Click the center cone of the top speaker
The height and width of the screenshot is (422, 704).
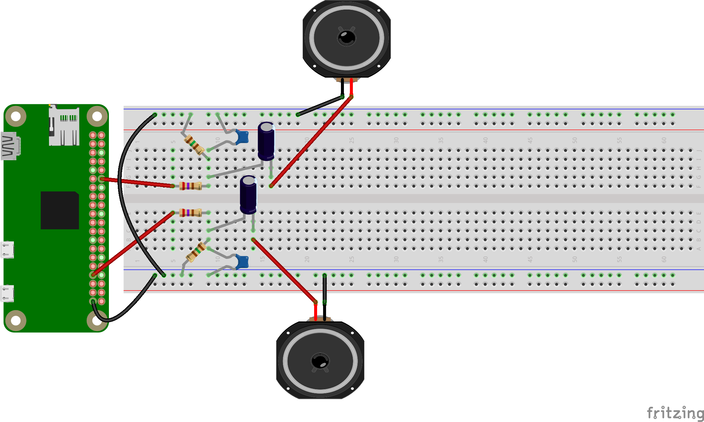[347, 37]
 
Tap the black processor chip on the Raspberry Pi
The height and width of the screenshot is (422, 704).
[60, 210]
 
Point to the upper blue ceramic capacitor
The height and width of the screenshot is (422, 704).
[243, 137]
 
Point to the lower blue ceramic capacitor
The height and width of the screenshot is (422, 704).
[243, 262]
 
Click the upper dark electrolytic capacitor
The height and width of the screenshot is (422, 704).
[266, 141]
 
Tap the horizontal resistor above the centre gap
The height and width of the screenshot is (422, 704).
[190, 186]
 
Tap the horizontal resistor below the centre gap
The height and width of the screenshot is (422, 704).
[190, 212]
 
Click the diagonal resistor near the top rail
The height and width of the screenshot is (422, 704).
[194, 145]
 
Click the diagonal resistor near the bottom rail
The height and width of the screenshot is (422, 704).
[196, 252]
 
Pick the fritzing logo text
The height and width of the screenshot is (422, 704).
[675, 413]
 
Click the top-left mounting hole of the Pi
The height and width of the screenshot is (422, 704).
[16, 116]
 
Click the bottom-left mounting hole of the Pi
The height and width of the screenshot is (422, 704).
[16, 320]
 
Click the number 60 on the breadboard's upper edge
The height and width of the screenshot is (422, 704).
[664, 140]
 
